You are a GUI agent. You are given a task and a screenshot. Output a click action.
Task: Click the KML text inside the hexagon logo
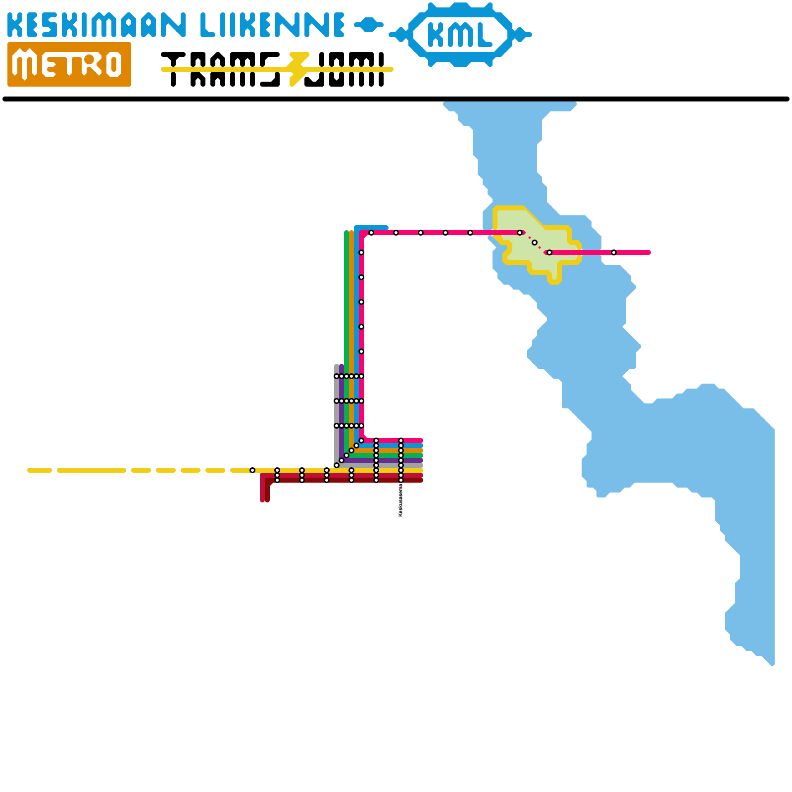[459, 35]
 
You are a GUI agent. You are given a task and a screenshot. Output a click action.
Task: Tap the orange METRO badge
[69, 64]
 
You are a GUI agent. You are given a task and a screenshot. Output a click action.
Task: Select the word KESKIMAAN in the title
[97, 25]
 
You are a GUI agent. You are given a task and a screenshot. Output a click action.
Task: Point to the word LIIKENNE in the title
[272, 25]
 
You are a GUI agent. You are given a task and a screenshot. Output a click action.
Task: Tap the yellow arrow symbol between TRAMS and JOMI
[298, 69]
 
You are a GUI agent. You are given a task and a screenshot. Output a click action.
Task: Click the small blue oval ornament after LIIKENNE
[368, 24]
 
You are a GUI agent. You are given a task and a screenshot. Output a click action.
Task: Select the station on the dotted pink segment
[535, 243]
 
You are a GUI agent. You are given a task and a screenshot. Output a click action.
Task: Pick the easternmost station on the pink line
[614, 252]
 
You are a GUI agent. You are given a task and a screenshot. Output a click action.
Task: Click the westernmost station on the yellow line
[252, 470]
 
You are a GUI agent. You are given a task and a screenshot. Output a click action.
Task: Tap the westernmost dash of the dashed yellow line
[40, 470]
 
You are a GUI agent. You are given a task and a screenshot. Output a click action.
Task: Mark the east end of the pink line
[649, 252]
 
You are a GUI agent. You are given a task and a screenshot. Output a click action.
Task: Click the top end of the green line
[346, 232]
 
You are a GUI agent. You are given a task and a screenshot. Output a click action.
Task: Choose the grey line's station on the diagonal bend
[337, 465]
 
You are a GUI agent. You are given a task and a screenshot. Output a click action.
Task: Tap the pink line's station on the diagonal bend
[361, 441]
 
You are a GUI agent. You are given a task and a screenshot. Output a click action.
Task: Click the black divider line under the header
[396, 99]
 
